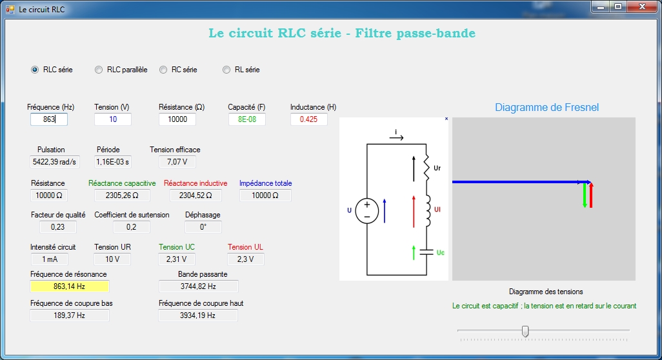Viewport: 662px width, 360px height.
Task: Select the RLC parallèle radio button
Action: coord(99,70)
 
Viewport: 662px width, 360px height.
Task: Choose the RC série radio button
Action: coord(163,70)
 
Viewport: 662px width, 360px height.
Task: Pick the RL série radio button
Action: coord(226,70)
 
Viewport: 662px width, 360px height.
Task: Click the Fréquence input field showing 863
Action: coord(48,119)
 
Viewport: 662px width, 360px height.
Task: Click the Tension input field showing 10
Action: coord(113,119)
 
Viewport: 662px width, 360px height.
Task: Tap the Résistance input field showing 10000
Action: coord(177,119)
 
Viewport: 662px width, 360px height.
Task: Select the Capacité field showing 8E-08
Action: coord(246,119)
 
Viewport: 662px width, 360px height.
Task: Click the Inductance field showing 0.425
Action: coord(308,119)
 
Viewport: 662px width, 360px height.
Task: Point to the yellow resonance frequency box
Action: coord(70,286)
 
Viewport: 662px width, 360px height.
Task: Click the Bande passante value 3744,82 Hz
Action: coord(198,286)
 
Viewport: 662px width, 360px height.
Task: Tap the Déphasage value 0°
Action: coord(203,226)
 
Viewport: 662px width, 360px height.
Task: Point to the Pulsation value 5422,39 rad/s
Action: coord(55,161)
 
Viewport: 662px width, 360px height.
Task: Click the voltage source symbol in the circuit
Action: coord(366,210)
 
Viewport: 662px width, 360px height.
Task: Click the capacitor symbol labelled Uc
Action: coord(425,252)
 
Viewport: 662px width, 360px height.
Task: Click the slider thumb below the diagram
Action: coord(525,331)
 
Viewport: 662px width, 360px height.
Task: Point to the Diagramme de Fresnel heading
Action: coord(547,107)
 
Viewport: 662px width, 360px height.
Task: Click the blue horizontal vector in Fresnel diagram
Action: coord(516,182)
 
